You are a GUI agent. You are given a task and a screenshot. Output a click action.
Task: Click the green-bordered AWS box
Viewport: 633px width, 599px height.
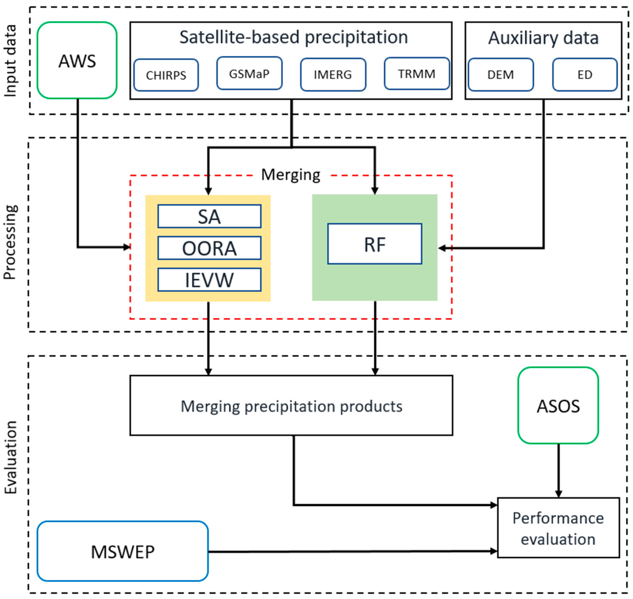tap(77, 60)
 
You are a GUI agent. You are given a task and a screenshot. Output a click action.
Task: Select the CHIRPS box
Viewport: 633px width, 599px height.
tap(166, 75)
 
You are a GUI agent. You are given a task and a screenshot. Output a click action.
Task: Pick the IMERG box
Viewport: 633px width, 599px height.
tap(333, 75)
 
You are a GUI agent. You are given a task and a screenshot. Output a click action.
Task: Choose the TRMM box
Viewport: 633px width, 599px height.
tap(417, 74)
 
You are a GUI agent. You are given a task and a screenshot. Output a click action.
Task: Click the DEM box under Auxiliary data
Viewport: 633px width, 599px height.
tap(500, 75)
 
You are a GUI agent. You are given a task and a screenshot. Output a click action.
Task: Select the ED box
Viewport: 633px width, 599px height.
tap(585, 75)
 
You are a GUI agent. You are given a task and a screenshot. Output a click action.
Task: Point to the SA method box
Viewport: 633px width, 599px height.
tap(209, 216)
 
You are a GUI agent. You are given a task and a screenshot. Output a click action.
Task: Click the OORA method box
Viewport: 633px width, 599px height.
tap(209, 248)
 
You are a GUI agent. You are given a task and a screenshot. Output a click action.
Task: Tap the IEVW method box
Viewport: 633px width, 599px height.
tap(209, 280)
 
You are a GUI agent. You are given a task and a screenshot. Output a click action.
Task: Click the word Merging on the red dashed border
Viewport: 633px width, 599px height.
tap(291, 175)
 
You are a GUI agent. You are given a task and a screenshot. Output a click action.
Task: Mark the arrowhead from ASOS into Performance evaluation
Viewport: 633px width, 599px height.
tap(558, 493)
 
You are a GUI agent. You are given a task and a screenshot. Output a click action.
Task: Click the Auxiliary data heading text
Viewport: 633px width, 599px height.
tap(543, 38)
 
